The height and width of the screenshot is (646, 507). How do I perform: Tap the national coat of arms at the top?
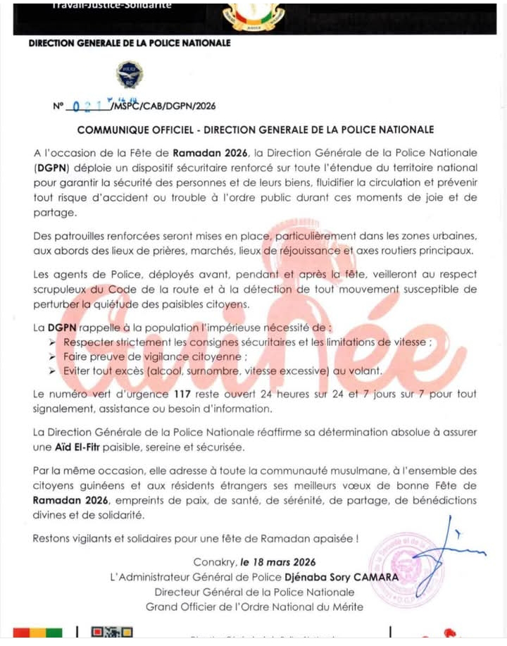coord(254,15)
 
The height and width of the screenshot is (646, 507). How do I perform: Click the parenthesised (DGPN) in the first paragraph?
coord(51,168)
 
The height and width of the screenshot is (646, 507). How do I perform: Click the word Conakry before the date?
coord(213,562)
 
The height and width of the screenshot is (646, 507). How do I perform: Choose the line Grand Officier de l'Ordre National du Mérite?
coord(254,607)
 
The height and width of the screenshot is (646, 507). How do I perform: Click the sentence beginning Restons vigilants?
coord(196,539)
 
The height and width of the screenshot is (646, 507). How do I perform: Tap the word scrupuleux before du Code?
coord(65,289)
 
